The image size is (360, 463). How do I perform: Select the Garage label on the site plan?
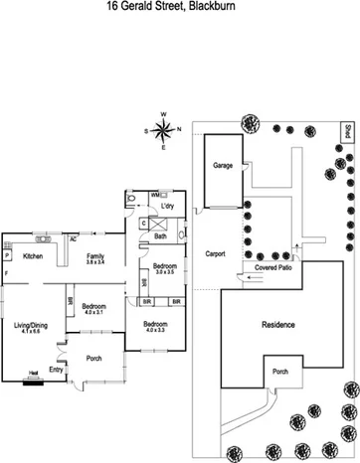pyautogui.click(x=222, y=165)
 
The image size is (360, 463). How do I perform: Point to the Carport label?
pyautogui.click(x=216, y=254)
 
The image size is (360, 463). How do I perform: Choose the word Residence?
pyautogui.click(x=278, y=325)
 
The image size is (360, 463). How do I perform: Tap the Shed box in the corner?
pyautogui.click(x=349, y=131)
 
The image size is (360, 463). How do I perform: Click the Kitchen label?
pyautogui.click(x=33, y=256)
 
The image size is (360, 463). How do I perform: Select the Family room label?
pyautogui.click(x=94, y=255)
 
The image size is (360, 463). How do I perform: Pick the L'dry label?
pyautogui.click(x=167, y=206)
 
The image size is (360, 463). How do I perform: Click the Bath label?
pyautogui.click(x=160, y=236)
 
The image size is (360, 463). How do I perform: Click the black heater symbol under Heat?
pyautogui.click(x=35, y=379)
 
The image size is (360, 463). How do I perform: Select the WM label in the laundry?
pyautogui.click(x=154, y=195)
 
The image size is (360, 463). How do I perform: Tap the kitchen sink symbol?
pyautogui.click(x=44, y=238)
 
